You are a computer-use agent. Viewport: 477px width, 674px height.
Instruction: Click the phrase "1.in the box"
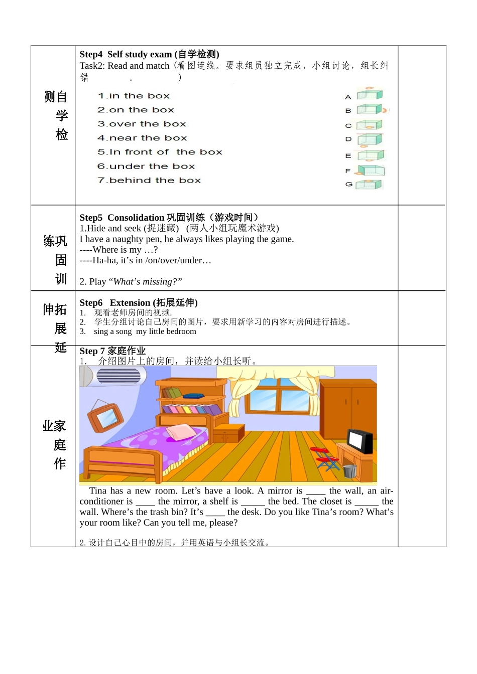click(x=134, y=96)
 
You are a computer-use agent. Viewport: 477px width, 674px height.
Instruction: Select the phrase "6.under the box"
click(x=146, y=166)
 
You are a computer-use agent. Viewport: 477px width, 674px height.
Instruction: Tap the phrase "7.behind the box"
click(x=149, y=180)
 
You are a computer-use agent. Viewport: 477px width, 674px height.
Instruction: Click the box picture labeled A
click(x=370, y=95)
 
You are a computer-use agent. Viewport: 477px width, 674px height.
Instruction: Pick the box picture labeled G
click(x=369, y=185)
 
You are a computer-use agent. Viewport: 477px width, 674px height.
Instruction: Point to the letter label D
click(x=348, y=139)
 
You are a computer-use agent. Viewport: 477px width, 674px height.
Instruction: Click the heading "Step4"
click(x=91, y=54)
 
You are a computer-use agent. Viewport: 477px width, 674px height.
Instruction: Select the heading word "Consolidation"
click(x=136, y=218)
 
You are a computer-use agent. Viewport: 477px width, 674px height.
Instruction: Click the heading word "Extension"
click(x=130, y=303)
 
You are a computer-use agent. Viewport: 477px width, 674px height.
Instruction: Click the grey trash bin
click(x=350, y=471)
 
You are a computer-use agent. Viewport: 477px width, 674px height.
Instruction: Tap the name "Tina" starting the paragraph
click(x=98, y=491)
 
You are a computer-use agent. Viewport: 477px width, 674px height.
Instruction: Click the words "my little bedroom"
click(x=166, y=331)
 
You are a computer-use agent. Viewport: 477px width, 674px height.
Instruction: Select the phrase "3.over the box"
click(x=142, y=124)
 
